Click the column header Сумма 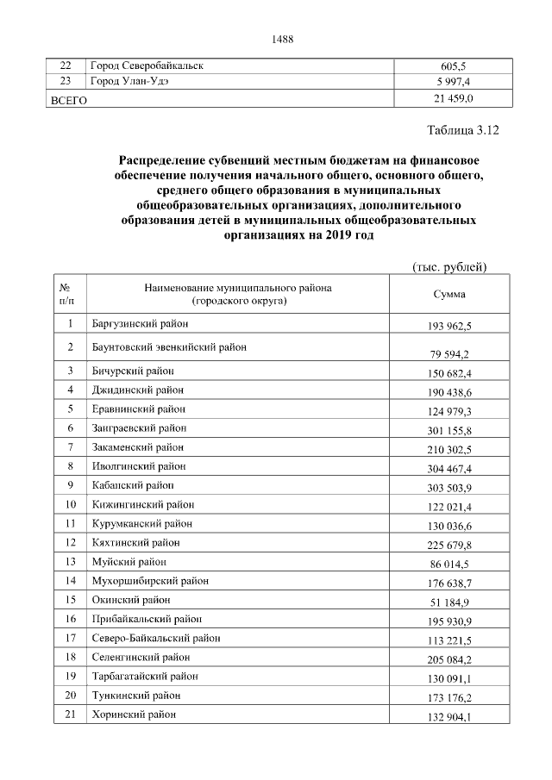coord(449,294)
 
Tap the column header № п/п coord(67,294)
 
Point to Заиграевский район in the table coord(138,427)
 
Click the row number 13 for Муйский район coord(70,561)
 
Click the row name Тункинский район coord(135,695)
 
